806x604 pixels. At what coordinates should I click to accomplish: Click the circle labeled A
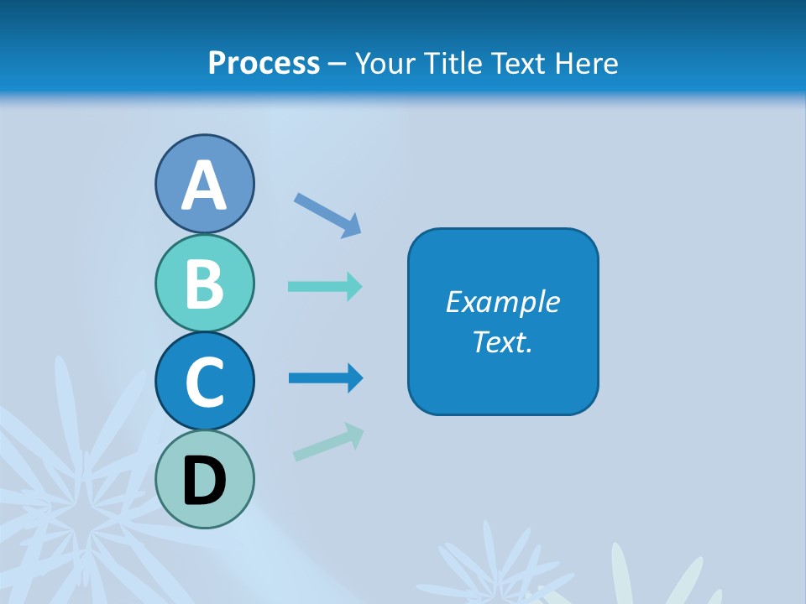[x=204, y=184]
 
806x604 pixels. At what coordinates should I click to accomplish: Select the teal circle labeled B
[x=204, y=284]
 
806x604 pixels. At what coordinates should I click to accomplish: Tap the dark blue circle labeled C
[x=204, y=380]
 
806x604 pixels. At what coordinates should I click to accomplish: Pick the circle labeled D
[x=204, y=479]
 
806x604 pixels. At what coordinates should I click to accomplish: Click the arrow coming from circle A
[x=327, y=216]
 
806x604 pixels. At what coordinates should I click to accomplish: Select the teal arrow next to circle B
[x=325, y=286]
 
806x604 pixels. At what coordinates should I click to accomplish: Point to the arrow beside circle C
[x=326, y=378]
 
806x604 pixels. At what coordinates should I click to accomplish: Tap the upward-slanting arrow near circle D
[x=328, y=442]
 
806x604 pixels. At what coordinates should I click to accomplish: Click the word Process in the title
[x=264, y=63]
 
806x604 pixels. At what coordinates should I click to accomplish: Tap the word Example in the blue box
[x=502, y=302]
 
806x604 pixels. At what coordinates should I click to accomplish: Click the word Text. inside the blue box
[x=502, y=342]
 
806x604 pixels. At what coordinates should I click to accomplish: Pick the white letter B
[x=204, y=284]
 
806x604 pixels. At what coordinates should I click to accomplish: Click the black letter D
[x=204, y=481]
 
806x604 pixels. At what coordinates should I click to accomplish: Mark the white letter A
[x=204, y=185]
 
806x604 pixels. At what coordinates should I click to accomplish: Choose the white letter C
[x=204, y=382]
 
